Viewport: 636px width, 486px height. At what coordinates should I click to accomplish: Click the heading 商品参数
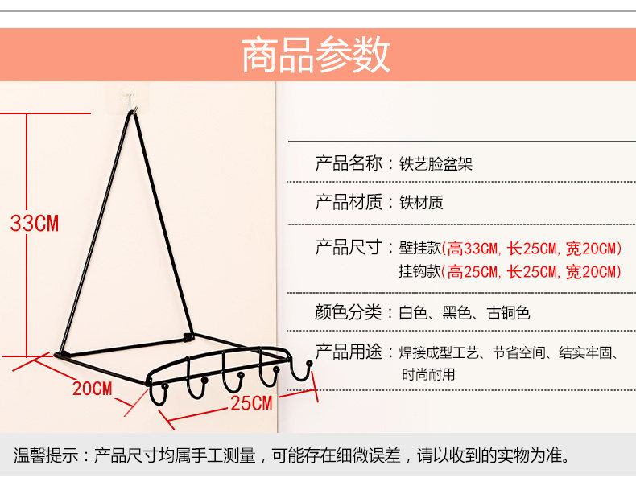point(316,56)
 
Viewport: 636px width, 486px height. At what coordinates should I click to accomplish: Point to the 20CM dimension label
point(92,389)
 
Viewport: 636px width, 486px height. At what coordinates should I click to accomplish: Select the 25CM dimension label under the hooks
point(251,403)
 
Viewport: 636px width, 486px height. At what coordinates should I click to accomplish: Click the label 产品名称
point(348,164)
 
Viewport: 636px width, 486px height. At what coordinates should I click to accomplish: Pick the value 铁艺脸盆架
point(436,165)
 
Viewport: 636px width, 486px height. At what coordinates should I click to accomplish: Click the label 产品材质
point(348,202)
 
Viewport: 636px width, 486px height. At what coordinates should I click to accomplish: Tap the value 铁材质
point(421,203)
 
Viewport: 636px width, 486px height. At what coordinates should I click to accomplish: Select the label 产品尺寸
point(348,247)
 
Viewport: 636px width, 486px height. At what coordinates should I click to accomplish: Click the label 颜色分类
point(348,312)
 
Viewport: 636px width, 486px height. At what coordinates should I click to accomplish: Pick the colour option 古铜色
point(508,313)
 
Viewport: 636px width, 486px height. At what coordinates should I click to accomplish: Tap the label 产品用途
point(348,352)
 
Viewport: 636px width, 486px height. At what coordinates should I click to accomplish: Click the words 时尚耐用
point(428,374)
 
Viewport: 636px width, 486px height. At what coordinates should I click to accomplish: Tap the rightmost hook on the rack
point(304,371)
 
